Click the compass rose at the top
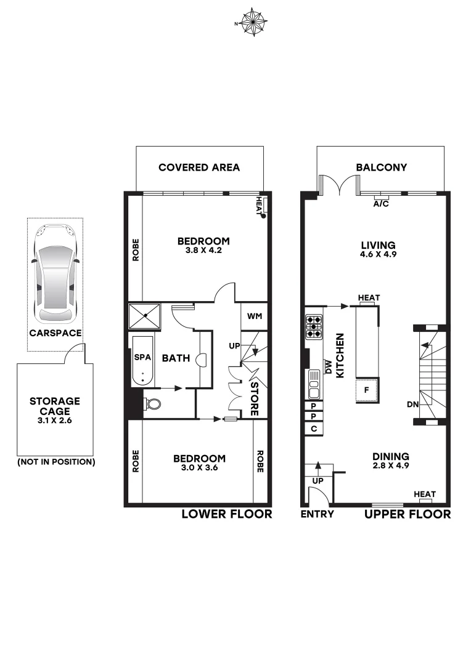pyautogui.click(x=252, y=23)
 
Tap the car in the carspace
pyautogui.click(x=55, y=273)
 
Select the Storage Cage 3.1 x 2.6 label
pyautogui.click(x=55, y=412)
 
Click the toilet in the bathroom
pyautogui.click(x=153, y=404)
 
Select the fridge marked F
pyautogui.click(x=366, y=390)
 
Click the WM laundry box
pyautogui.click(x=254, y=316)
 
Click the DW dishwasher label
pyautogui.click(x=329, y=368)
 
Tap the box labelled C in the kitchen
pyautogui.click(x=314, y=428)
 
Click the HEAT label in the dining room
pyautogui.click(x=425, y=494)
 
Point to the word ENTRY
pyautogui.click(x=317, y=514)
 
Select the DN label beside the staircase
pyautogui.click(x=413, y=405)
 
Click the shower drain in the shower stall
pyautogui.click(x=145, y=316)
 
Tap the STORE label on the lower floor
pyautogui.click(x=253, y=398)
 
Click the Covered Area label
pyautogui.click(x=199, y=167)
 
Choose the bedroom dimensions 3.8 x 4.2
pyautogui.click(x=203, y=251)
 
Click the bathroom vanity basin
pyautogui.click(x=199, y=359)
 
